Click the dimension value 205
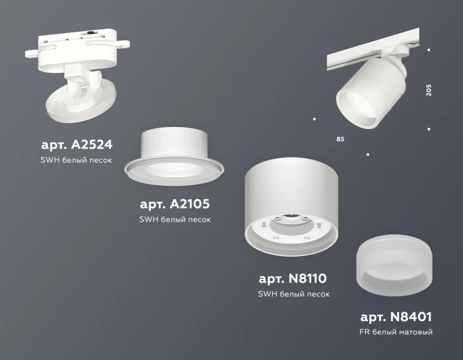[x=429, y=90]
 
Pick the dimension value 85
[x=340, y=140]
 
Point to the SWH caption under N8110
[x=294, y=294]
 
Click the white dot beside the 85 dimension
[x=314, y=119]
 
